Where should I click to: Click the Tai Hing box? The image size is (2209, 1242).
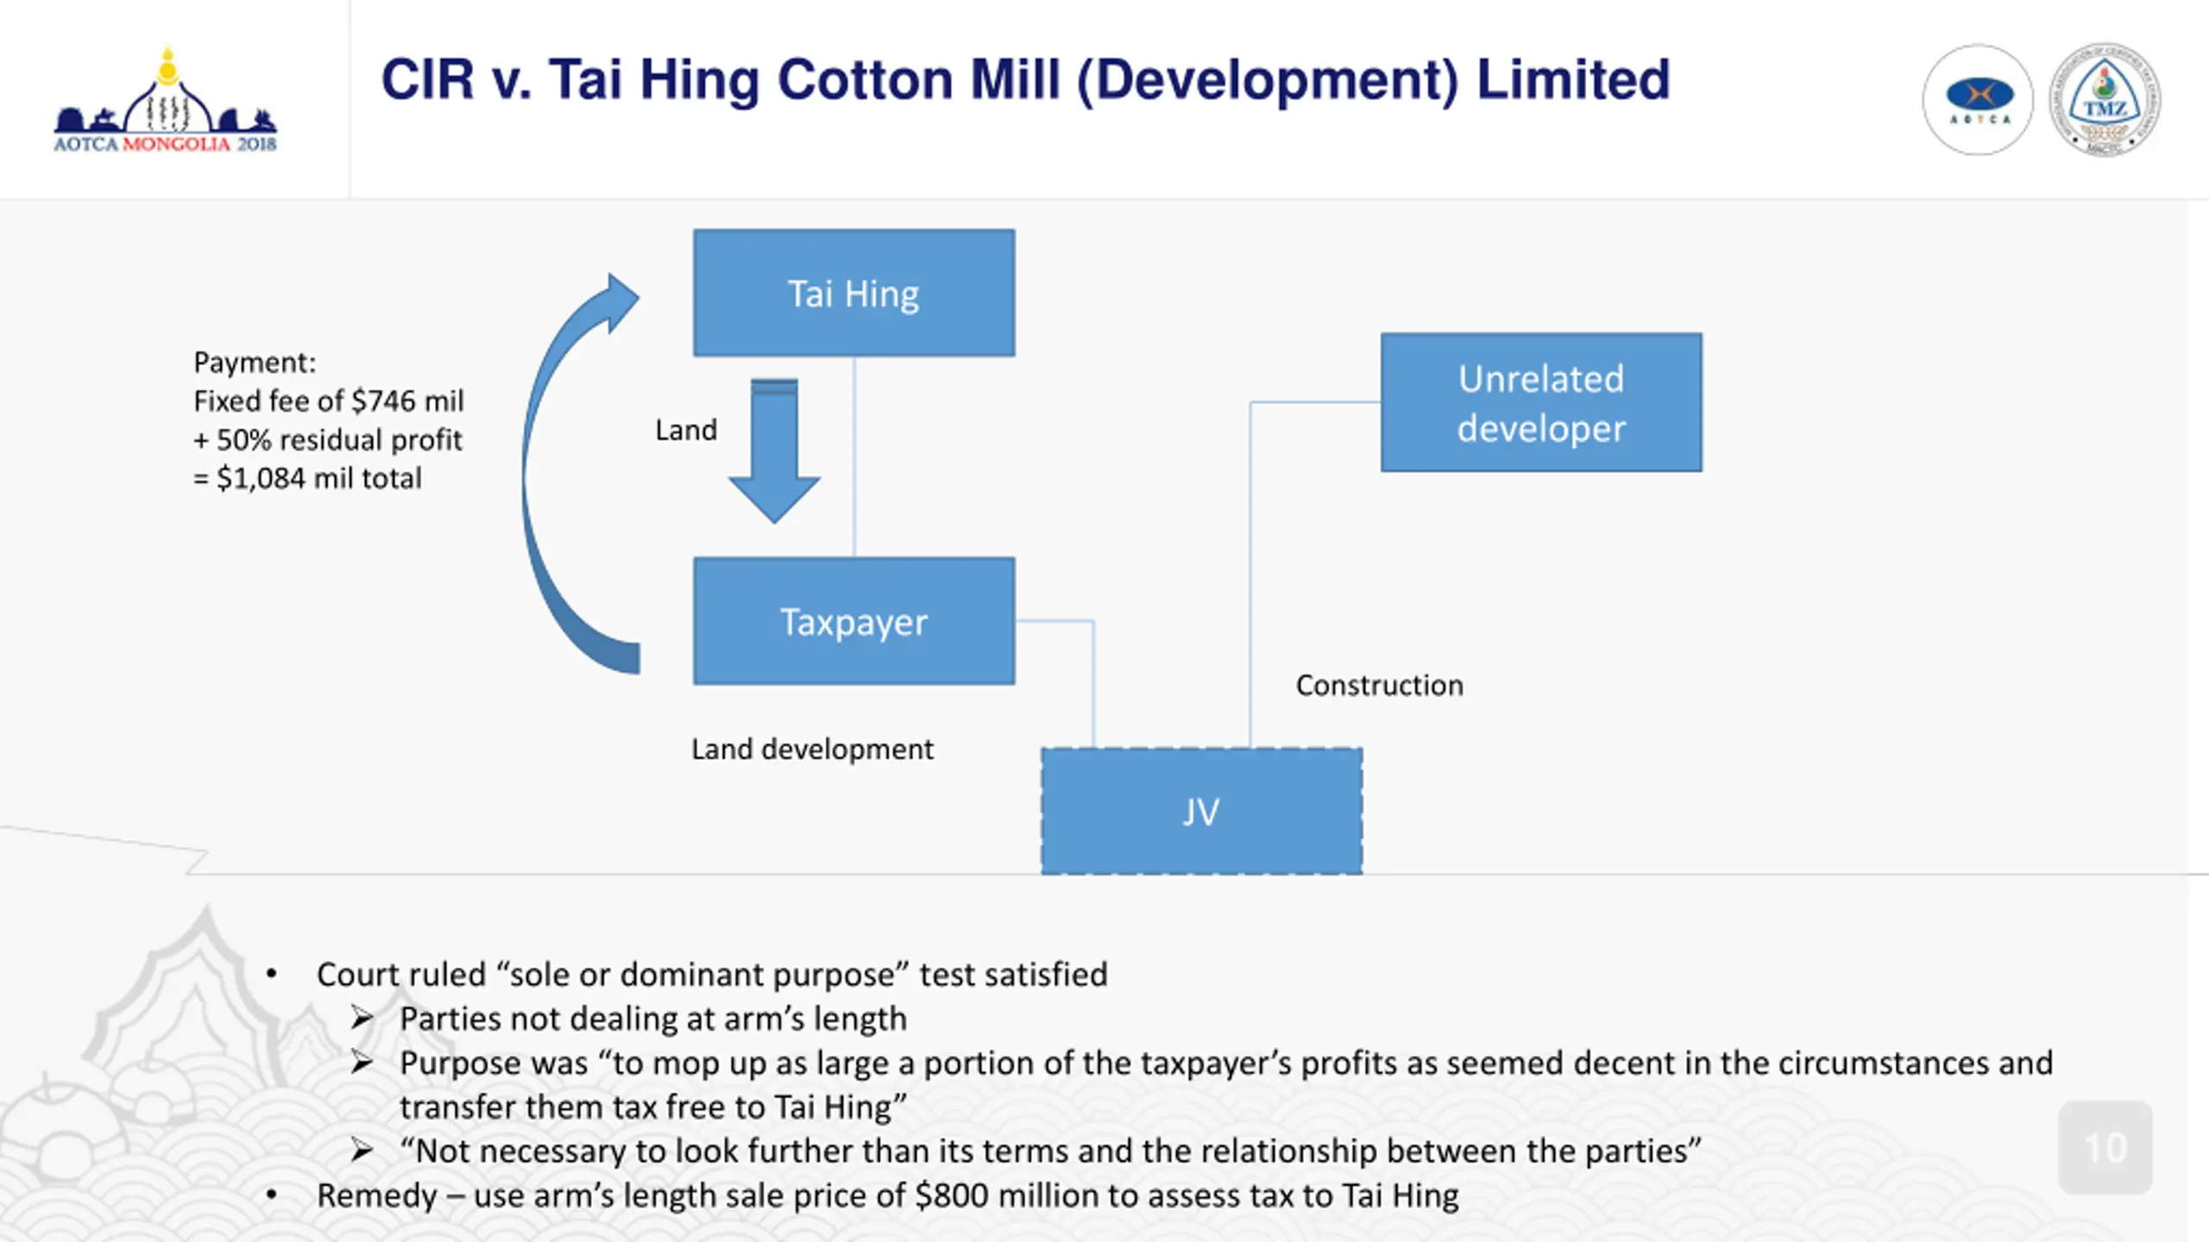853,293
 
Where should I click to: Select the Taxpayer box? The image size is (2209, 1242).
853,621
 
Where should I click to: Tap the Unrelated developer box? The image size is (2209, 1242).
1541,403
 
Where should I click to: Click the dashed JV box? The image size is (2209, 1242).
1201,812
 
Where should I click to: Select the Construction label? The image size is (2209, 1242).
1379,686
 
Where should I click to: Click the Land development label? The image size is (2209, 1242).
812,750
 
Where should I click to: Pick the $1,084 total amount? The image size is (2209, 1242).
261,479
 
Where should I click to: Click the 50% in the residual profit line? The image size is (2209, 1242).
243,440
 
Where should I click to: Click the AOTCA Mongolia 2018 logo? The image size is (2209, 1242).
166,103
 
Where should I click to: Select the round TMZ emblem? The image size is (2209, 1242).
2105,100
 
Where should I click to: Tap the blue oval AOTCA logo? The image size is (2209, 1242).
1979,100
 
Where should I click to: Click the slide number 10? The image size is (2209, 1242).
2105,1148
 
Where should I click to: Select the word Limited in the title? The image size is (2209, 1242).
1573,80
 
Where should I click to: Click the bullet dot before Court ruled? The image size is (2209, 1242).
272,975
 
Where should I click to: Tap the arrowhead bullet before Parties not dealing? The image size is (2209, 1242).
362,1019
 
